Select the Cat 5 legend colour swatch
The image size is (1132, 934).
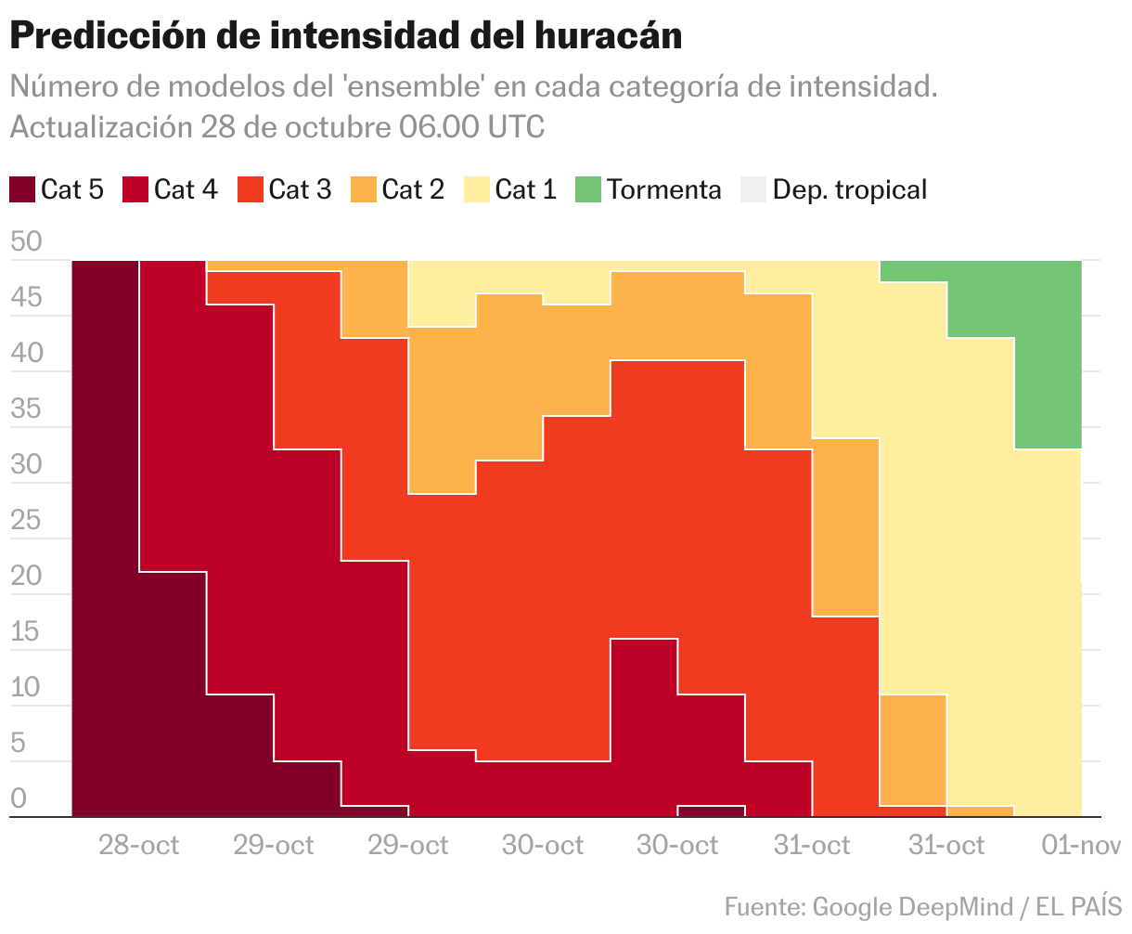coord(21,189)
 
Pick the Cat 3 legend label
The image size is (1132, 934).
coord(300,189)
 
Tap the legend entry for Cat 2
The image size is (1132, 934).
coord(413,189)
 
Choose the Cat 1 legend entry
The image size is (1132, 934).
coord(526,189)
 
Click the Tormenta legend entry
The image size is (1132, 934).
coord(663,189)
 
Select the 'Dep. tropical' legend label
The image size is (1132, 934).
coord(849,189)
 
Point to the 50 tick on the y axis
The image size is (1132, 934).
coord(26,242)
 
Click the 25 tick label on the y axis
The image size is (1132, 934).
coord(26,521)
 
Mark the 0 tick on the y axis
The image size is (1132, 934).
coord(19,799)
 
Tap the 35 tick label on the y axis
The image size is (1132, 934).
coord(26,409)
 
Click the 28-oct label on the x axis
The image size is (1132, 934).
coord(139,845)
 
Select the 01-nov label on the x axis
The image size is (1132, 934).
coord(1081,845)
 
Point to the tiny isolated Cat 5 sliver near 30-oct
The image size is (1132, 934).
coord(711,811)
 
